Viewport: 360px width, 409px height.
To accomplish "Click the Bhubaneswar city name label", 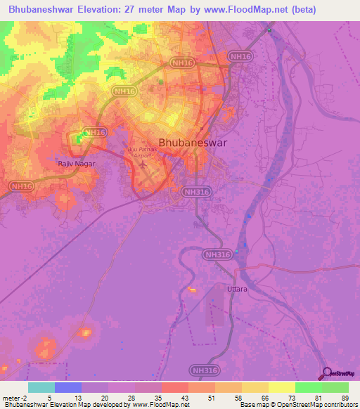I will click(198, 141).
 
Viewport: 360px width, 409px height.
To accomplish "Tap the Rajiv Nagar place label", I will click(75, 163).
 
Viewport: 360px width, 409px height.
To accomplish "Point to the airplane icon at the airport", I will click(143, 164).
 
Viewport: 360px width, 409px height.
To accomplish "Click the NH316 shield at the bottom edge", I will click(204, 368).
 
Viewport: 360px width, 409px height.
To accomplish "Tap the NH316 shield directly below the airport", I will click(196, 190).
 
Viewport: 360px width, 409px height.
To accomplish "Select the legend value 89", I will click(345, 397).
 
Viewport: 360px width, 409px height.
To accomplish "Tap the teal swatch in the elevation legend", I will click(41, 387).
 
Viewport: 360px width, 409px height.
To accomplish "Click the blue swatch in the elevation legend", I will click(67, 387).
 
